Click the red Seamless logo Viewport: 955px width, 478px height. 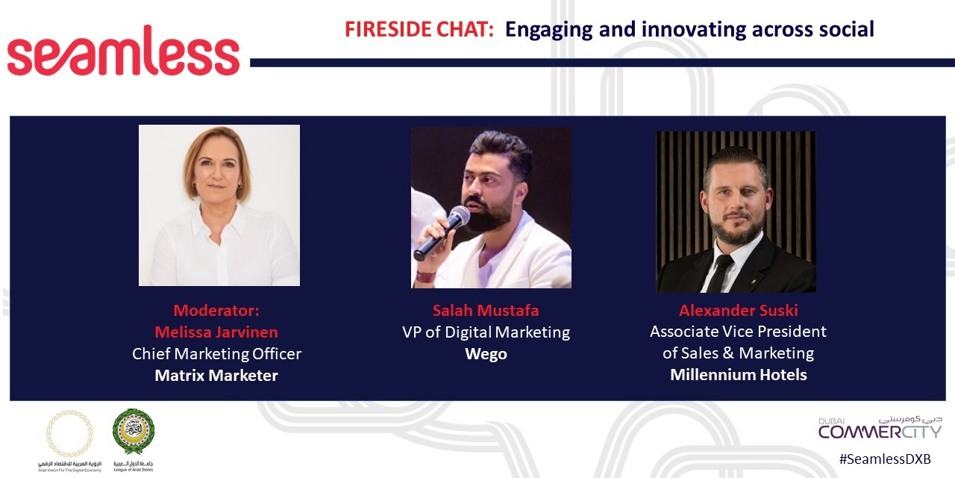[123, 52]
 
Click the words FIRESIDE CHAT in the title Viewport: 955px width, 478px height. [419, 30]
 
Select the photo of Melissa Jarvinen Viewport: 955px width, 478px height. [219, 205]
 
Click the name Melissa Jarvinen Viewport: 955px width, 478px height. [216, 332]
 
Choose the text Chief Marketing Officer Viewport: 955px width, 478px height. [216, 353]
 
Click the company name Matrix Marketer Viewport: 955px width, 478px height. [216, 375]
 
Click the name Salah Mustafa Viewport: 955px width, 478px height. [486, 310]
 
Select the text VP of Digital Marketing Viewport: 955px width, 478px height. [486, 332]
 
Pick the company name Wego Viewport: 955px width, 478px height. [486, 353]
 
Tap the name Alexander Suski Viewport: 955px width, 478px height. [738, 310]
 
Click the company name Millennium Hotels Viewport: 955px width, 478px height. [738, 374]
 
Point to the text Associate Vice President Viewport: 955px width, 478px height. [738, 331]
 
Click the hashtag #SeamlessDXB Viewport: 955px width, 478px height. [885, 459]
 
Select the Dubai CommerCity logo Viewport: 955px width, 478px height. [880, 428]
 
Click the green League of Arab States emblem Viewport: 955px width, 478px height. [134, 432]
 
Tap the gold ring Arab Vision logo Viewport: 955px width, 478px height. [70, 432]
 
